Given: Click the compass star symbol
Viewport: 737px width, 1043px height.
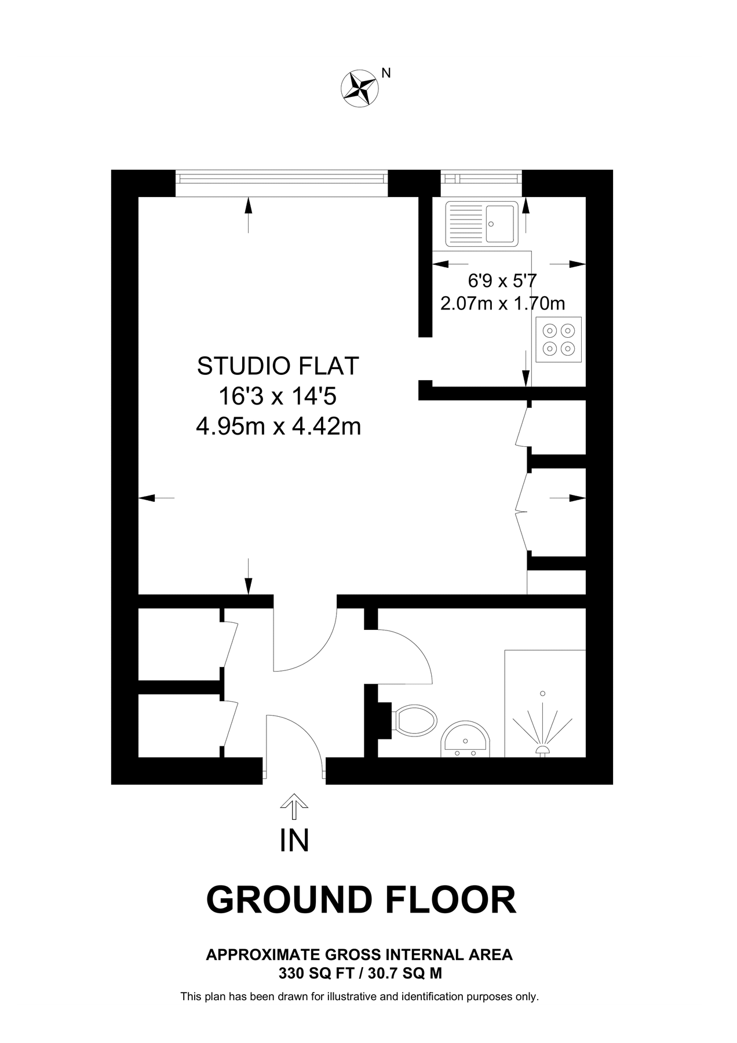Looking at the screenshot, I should tap(359, 89).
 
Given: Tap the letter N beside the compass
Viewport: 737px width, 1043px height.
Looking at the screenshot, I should tap(386, 73).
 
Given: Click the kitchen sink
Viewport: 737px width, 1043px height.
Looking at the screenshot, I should tap(481, 224).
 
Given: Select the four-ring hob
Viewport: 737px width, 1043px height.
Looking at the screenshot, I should tap(559, 339).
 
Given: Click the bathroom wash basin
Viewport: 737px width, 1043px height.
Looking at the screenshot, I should tap(466, 740).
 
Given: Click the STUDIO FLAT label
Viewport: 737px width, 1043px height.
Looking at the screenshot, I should tap(278, 366).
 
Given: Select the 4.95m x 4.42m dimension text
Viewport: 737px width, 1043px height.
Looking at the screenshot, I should tap(278, 427).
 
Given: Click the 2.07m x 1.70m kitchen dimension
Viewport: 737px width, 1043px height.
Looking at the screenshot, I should tap(502, 303).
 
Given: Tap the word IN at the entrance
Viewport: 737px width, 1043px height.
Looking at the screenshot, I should tap(294, 841).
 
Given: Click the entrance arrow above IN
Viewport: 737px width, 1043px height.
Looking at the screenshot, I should tap(294, 805).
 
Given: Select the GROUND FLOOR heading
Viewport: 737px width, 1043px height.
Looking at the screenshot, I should tap(361, 900).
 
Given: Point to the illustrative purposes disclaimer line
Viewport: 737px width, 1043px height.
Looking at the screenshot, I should tap(359, 997).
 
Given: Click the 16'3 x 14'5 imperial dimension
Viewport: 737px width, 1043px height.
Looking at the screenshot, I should tap(278, 397).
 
